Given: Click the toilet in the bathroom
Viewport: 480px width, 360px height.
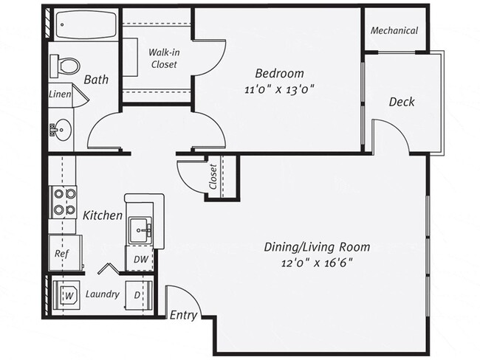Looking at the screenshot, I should (x=66, y=66).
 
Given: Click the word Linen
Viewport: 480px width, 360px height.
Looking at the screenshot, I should (x=60, y=94).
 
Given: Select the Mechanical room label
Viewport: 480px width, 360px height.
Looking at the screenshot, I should (x=394, y=31).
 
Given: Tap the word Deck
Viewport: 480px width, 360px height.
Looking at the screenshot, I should (x=402, y=102).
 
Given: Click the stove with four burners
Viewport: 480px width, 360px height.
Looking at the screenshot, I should (x=63, y=202).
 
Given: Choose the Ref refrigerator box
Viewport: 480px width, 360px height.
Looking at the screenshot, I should (x=62, y=253).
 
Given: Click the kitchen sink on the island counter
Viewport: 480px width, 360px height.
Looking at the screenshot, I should (x=140, y=231).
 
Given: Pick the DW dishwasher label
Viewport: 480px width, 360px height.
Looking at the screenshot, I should (x=140, y=259).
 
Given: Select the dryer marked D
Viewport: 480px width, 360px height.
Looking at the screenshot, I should (x=139, y=295).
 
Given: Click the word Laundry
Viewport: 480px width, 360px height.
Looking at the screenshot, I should (x=102, y=294).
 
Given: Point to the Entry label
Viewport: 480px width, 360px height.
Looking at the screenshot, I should (x=182, y=315).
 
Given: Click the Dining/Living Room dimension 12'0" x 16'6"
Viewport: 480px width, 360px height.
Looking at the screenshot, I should (x=317, y=263).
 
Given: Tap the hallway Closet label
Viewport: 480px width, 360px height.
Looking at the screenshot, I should (x=213, y=176).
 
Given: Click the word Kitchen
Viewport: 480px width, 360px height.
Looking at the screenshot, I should (x=102, y=215).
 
